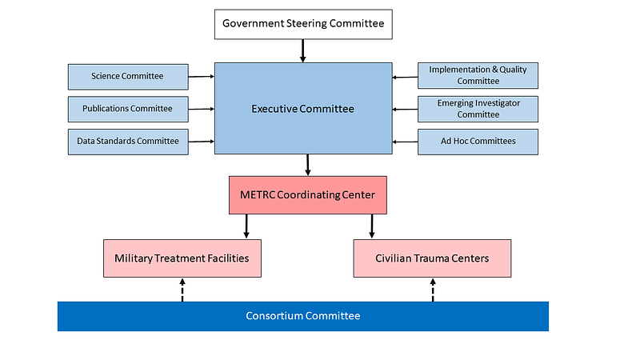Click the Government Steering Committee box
[x=302, y=24]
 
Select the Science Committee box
[x=128, y=76]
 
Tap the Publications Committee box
[x=128, y=109]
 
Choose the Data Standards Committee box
[x=128, y=142]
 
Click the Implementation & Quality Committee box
[x=478, y=75]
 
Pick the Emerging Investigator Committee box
[x=478, y=109]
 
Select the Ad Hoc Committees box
[x=478, y=142]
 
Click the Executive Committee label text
[x=302, y=109]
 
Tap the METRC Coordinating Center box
[x=308, y=194]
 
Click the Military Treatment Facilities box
[x=182, y=258]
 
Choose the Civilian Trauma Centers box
[x=432, y=258]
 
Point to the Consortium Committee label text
[x=302, y=316]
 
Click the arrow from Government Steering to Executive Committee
[x=302, y=50]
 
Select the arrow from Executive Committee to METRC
[x=308, y=165]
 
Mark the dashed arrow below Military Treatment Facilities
[x=182, y=290]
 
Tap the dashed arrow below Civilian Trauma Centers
[x=433, y=290]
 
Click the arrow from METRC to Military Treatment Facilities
[x=246, y=226]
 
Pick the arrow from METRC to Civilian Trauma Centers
[x=371, y=226]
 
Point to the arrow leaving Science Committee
[x=202, y=77]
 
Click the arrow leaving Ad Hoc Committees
[x=405, y=142]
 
